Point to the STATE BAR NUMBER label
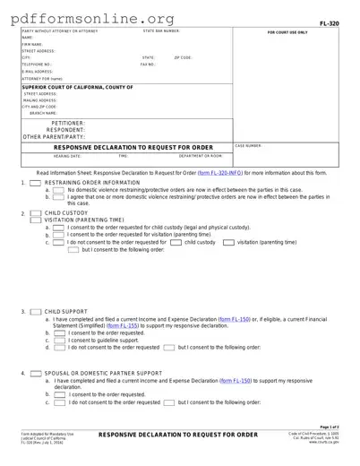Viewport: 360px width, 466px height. [162, 30]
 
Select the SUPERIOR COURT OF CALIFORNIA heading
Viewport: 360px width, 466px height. [77, 87]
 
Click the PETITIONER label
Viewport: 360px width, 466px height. [69, 122]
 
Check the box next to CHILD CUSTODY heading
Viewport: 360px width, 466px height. [35, 212]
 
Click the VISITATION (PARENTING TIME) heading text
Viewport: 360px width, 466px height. [84, 220]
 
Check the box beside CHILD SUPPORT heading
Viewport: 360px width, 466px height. [35, 312]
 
